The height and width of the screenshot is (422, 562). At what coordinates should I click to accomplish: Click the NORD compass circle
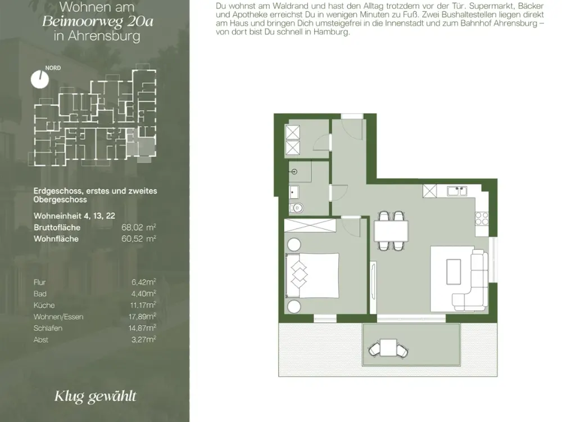coord(39,79)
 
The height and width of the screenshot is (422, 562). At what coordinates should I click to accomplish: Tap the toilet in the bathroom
coord(297,208)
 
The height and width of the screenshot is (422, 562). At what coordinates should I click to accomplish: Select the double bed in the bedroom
coord(312,275)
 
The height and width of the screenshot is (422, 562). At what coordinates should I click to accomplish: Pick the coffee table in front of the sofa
coord(454,272)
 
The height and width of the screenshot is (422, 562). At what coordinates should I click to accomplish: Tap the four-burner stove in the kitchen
coord(482,218)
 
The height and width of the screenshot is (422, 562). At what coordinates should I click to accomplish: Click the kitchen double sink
coord(457,191)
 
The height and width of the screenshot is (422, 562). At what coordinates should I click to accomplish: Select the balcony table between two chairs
coord(388,347)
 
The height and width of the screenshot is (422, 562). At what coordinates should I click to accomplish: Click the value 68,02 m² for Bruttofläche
coord(139,227)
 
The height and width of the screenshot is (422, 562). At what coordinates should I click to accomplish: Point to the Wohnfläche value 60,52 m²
coord(139,239)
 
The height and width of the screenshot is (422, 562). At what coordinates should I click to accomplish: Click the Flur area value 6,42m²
coord(143,282)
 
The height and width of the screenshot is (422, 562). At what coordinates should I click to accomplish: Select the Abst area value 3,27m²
coord(143,339)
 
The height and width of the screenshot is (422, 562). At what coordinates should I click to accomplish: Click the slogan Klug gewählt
coord(96,397)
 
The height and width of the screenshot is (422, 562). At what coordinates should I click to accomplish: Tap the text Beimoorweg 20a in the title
coord(97,21)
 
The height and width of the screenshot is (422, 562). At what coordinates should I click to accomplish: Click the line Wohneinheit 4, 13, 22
coord(75,216)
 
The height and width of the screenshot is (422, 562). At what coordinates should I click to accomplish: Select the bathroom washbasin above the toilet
coord(293,192)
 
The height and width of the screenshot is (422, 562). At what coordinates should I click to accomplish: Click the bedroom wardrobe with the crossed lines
coord(310,226)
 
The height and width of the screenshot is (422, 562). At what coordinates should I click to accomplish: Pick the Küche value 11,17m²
coord(143,305)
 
